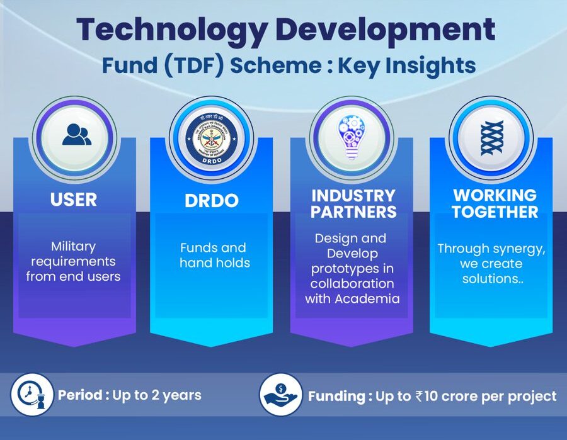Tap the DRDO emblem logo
tap(212, 138)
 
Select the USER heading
tap(74, 200)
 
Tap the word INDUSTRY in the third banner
tap(353, 195)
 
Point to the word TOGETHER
tap(495, 212)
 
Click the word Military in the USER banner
tap(74, 245)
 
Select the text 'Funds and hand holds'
tap(214, 255)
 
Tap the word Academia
tap(369, 298)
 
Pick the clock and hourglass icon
tap(31, 395)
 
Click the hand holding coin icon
tap(279, 395)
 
